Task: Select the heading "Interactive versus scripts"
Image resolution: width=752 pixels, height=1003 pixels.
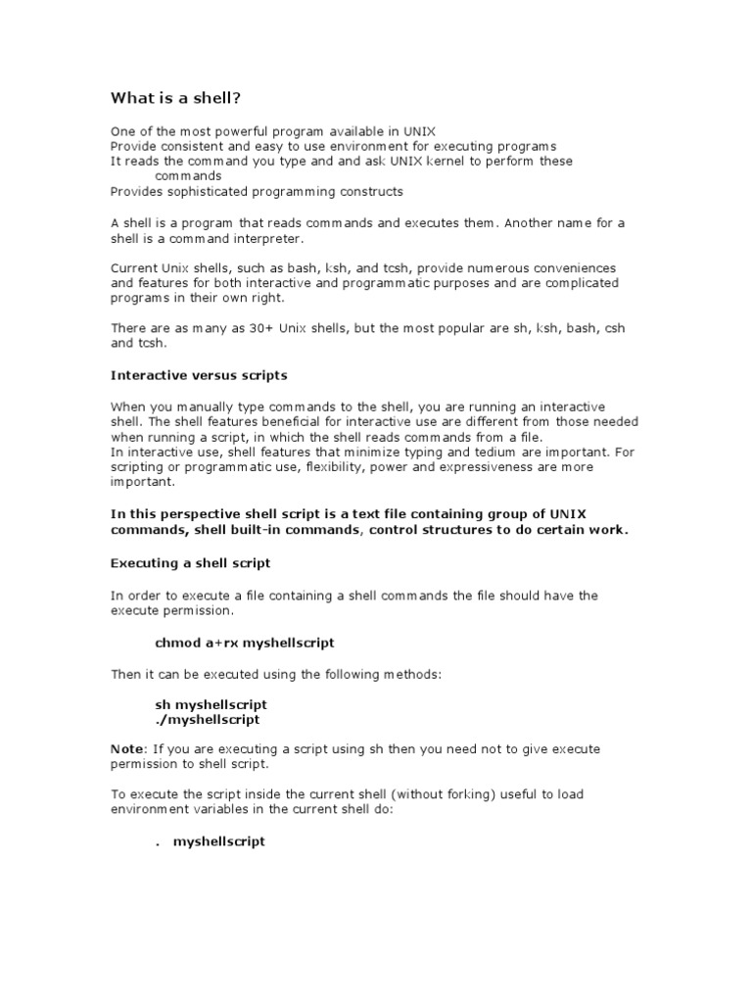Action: pos(199,375)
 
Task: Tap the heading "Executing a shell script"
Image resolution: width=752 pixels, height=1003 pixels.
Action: pos(191,563)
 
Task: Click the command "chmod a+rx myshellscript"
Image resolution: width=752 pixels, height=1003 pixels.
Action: pos(245,643)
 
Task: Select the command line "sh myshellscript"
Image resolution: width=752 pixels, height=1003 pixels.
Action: pos(211,704)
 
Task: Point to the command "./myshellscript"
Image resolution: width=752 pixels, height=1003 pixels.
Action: pos(208,719)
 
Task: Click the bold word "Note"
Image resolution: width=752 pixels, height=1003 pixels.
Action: pos(126,748)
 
